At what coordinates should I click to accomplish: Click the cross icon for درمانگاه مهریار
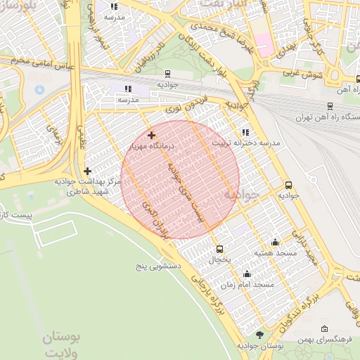tap(151, 135)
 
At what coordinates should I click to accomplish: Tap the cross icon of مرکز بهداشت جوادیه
tap(87, 171)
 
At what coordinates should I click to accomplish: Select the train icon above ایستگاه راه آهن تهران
tap(330, 106)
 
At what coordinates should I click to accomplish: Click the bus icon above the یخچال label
tap(219, 249)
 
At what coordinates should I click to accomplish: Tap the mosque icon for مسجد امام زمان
tap(246, 274)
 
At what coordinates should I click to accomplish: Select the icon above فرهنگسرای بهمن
tap(323, 329)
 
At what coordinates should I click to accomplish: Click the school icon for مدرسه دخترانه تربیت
tap(245, 132)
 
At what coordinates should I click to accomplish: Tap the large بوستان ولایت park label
tap(61, 345)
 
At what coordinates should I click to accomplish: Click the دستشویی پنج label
tap(159, 266)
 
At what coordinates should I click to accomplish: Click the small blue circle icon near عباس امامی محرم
tap(39, 89)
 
